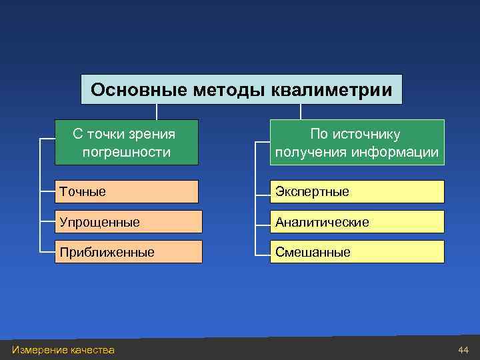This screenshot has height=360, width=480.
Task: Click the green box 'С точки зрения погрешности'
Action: (127, 143)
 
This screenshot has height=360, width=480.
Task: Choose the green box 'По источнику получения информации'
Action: (357, 143)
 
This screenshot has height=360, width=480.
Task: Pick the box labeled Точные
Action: (127, 191)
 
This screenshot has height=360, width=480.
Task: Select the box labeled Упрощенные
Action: (128, 221)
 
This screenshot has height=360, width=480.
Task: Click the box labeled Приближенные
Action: (128, 252)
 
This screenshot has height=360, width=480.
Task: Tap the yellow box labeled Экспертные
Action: (357, 191)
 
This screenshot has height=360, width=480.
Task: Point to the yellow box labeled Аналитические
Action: (357, 221)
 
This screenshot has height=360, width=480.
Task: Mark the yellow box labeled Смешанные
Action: (357, 252)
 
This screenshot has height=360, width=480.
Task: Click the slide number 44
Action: (463, 350)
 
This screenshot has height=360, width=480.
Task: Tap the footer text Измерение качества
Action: (63, 350)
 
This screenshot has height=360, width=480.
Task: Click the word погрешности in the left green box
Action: (127, 153)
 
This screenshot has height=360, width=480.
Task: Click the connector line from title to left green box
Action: (157, 111)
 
